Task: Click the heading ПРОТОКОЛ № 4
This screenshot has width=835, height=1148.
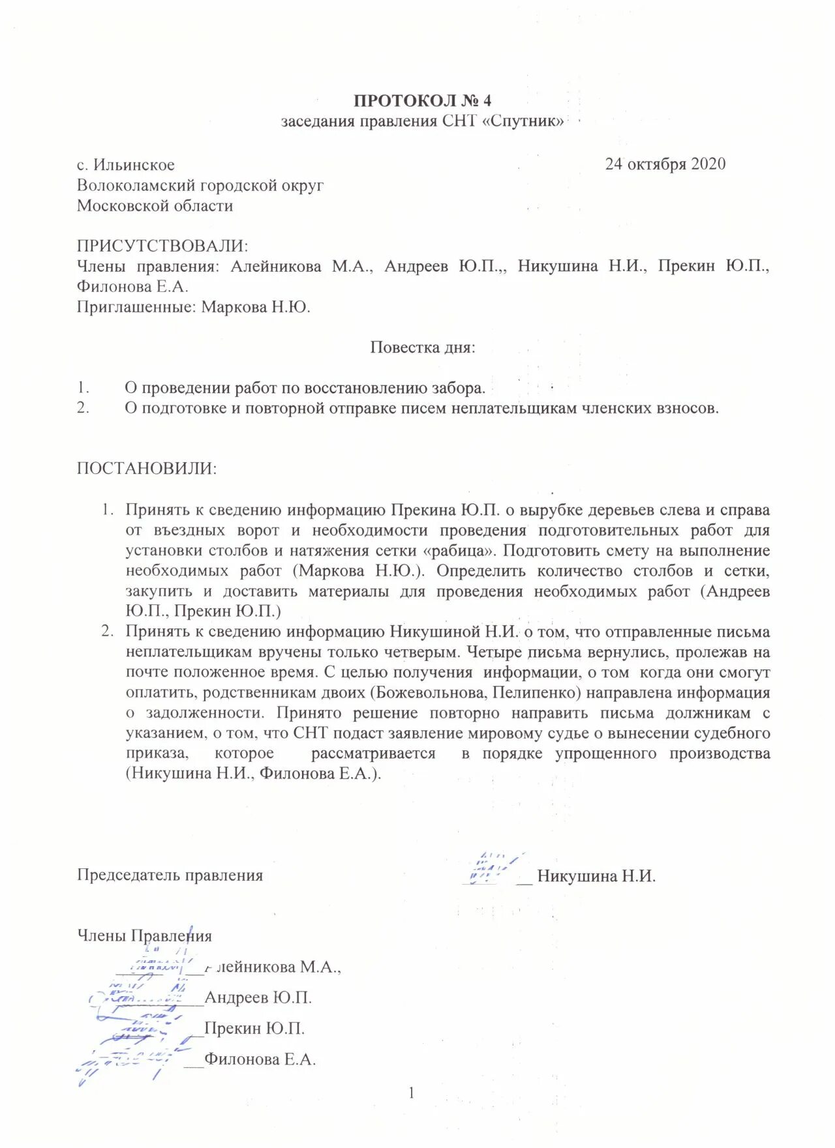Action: tap(422, 100)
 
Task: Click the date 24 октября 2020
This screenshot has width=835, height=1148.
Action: tap(665, 164)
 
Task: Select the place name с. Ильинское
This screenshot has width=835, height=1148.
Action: tap(125, 165)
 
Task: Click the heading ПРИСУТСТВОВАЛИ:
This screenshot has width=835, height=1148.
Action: tap(162, 246)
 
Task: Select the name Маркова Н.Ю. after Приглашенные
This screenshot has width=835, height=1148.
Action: tap(256, 306)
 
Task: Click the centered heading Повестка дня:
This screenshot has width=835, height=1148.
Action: tap(422, 347)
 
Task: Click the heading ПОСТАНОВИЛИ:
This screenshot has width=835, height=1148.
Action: tap(147, 468)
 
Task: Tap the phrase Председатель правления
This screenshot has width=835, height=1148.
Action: tap(170, 875)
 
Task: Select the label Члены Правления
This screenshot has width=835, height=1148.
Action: tap(144, 935)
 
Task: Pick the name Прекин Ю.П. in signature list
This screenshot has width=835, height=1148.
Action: tap(254, 1028)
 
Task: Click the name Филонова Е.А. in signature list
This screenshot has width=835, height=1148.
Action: tap(260, 1059)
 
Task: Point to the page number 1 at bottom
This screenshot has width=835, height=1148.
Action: tap(412, 1093)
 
